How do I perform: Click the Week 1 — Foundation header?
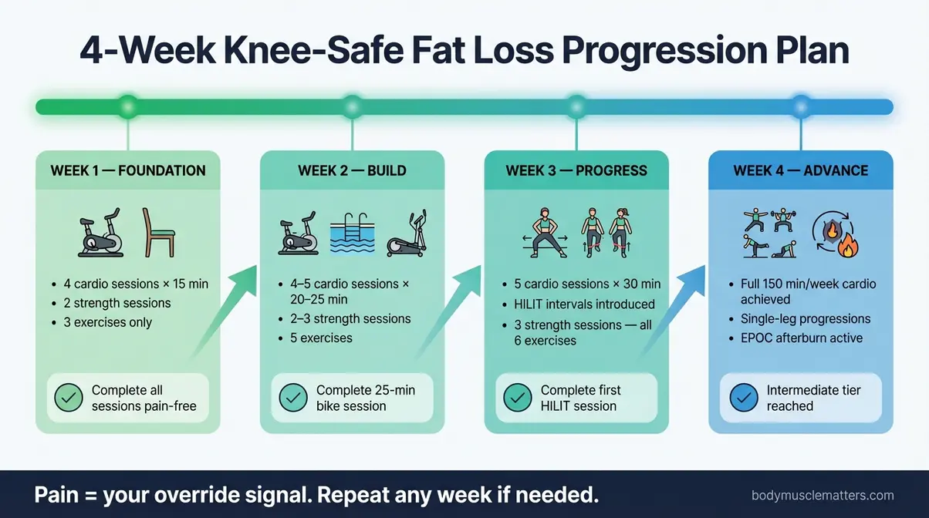(x=128, y=170)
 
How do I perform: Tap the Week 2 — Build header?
(x=352, y=170)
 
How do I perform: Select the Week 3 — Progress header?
(x=576, y=170)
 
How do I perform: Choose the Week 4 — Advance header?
(x=801, y=170)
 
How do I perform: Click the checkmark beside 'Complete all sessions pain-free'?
(x=69, y=399)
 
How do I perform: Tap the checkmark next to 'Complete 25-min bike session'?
(x=293, y=399)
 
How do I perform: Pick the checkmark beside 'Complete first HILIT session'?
(x=517, y=399)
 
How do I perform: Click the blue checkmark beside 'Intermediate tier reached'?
(x=743, y=399)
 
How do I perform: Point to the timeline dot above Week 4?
(x=801, y=106)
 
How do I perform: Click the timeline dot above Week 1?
(x=128, y=106)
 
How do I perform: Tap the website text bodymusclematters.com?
(x=823, y=496)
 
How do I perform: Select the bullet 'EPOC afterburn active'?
(x=796, y=338)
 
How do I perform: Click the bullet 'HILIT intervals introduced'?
(x=584, y=304)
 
